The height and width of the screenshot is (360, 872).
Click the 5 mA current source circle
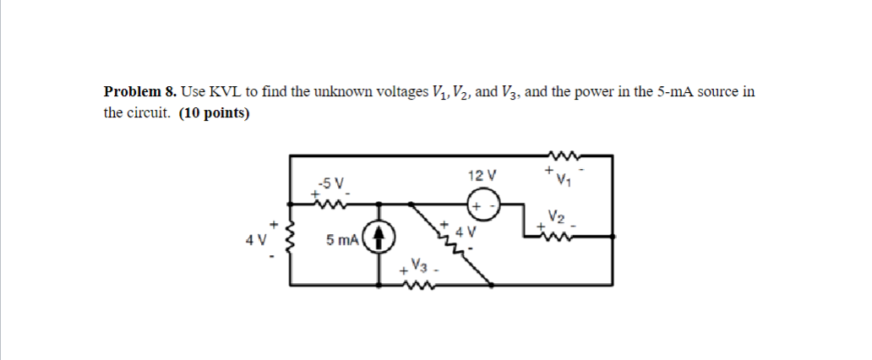click(378, 238)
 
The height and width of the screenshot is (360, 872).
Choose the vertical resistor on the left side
click(292, 238)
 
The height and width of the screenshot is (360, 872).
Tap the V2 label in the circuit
click(555, 216)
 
